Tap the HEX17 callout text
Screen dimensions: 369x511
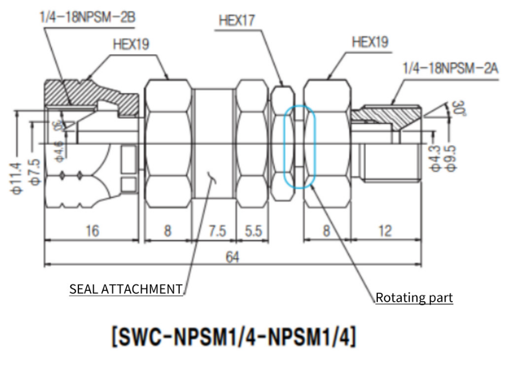(x=237, y=20)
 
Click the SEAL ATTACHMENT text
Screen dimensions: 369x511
(x=126, y=289)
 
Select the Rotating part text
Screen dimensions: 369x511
(x=415, y=297)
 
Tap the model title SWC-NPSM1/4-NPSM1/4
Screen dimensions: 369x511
(x=232, y=338)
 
